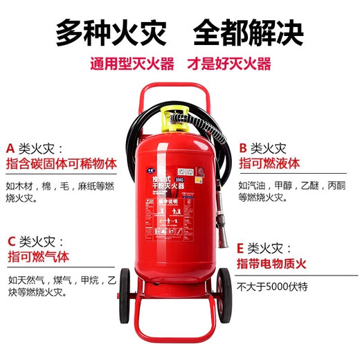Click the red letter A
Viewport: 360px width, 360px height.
click(10, 148)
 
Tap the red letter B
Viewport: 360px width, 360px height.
click(242, 148)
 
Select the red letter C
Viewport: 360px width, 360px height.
click(11, 242)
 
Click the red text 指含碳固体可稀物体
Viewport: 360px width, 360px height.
click(60, 165)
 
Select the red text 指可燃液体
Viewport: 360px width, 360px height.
click(269, 165)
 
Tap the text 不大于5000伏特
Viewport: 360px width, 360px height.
click(272, 286)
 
